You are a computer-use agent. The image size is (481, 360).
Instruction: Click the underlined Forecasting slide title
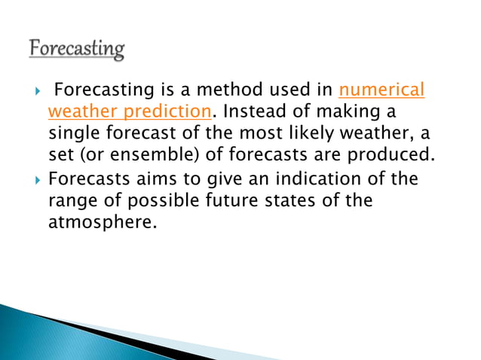[78, 50]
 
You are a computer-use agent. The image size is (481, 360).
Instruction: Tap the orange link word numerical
[382, 91]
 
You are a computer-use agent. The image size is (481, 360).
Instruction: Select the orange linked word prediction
[169, 112]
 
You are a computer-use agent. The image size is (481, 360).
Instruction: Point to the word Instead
[253, 112]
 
